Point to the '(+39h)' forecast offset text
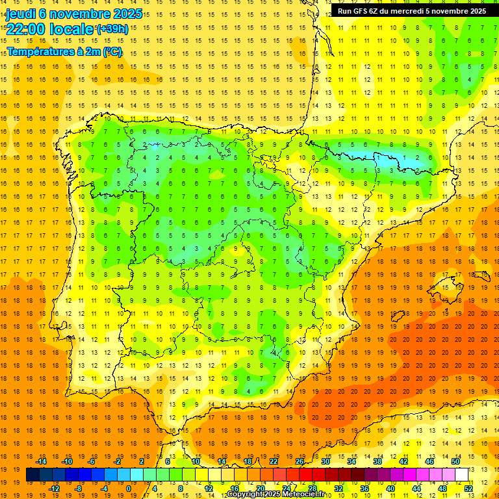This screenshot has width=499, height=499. point(112,29)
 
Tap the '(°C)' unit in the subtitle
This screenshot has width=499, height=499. point(112,52)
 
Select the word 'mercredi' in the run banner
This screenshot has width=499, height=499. point(423,11)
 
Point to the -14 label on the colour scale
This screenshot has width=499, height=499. point(41,461)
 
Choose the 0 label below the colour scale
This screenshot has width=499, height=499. point(129,488)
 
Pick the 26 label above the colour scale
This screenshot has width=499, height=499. point(300,461)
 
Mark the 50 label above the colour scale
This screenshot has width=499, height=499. point(455,461)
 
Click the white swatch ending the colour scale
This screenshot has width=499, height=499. point(461,475)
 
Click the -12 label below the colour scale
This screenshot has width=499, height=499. point(54,488)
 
